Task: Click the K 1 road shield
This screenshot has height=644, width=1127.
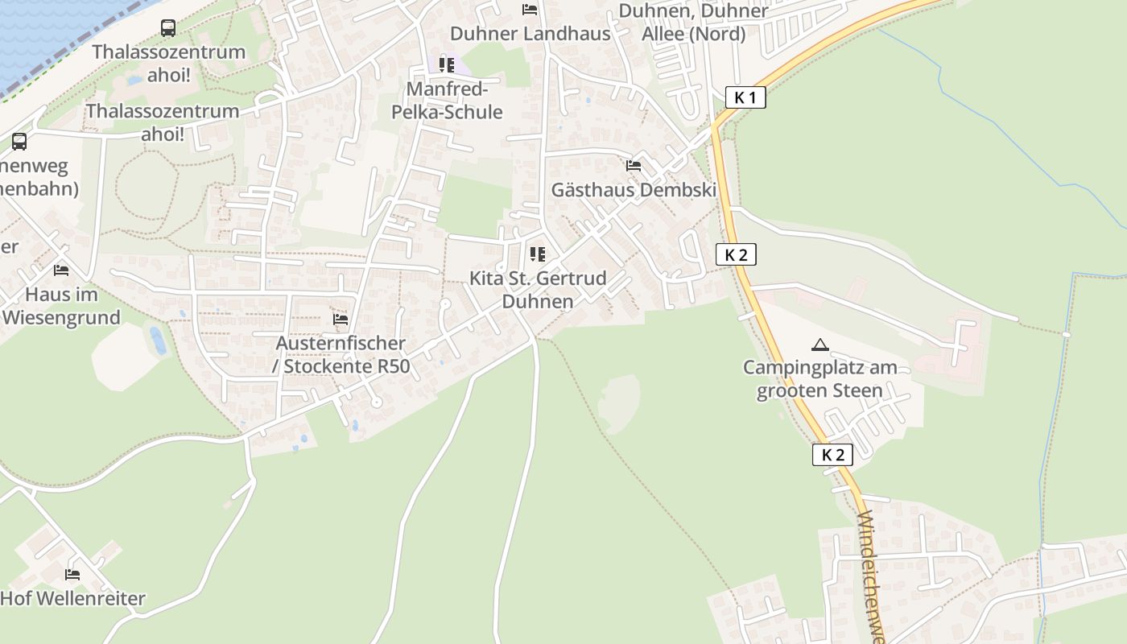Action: click(x=745, y=98)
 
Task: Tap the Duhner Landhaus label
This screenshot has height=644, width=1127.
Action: click(x=530, y=34)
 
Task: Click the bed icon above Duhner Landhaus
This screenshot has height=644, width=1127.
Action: click(x=530, y=10)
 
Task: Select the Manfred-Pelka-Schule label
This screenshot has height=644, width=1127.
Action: click(x=447, y=101)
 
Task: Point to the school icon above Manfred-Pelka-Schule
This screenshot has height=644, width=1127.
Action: click(x=447, y=64)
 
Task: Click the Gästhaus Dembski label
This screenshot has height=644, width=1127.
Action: click(x=634, y=190)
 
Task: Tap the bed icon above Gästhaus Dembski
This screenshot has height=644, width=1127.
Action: click(x=634, y=166)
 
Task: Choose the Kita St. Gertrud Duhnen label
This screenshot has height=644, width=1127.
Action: click(x=538, y=290)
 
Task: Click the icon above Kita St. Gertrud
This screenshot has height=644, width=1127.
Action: click(x=538, y=254)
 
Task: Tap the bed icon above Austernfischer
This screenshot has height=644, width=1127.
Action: click(x=341, y=320)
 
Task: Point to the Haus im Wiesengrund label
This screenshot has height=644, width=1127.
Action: click(x=61, y=306)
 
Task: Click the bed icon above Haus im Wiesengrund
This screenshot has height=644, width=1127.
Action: click(x=61, y=270)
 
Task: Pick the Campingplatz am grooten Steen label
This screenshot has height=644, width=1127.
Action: click(x=819, y=379)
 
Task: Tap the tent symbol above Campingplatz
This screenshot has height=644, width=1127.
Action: click(x=819, y=345)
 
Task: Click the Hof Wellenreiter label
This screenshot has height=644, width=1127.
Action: click(x=72, y=599)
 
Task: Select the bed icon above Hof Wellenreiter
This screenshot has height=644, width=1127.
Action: click(x=72, y=575)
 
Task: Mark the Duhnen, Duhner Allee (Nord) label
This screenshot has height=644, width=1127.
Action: click(x=693, y=23)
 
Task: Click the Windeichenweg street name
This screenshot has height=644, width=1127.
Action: click(x=871, y=576)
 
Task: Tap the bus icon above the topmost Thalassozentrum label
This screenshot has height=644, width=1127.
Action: click(x=168, y=28)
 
